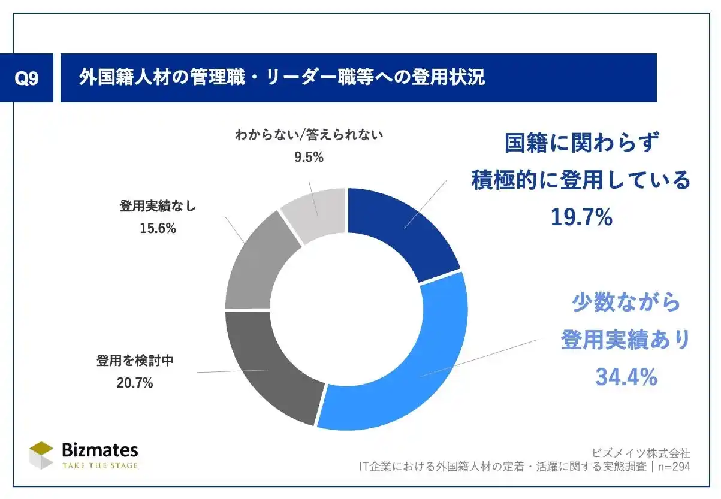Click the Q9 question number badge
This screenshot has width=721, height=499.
(x=26, y=78)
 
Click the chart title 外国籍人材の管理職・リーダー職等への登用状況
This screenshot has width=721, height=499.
(x=282, y=78)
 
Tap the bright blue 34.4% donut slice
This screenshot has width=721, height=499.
(x=408, y=365)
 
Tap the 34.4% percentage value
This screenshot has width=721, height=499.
(x=626, y=377)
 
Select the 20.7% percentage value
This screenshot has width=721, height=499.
(x=135, y=382)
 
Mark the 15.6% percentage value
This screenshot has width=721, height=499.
(x=158, y=228)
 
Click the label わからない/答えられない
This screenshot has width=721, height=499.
(x=309, y=135)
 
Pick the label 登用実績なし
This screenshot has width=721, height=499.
(x=158, y=207)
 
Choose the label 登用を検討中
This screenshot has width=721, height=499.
(x=135, y=361)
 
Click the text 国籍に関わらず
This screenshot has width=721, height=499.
(x=581, y=144)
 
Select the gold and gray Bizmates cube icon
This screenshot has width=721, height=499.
(x=41, y=455)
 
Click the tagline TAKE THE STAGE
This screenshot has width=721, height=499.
(x=99, y=465)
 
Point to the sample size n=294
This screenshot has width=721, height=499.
(x=673, y=466)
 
